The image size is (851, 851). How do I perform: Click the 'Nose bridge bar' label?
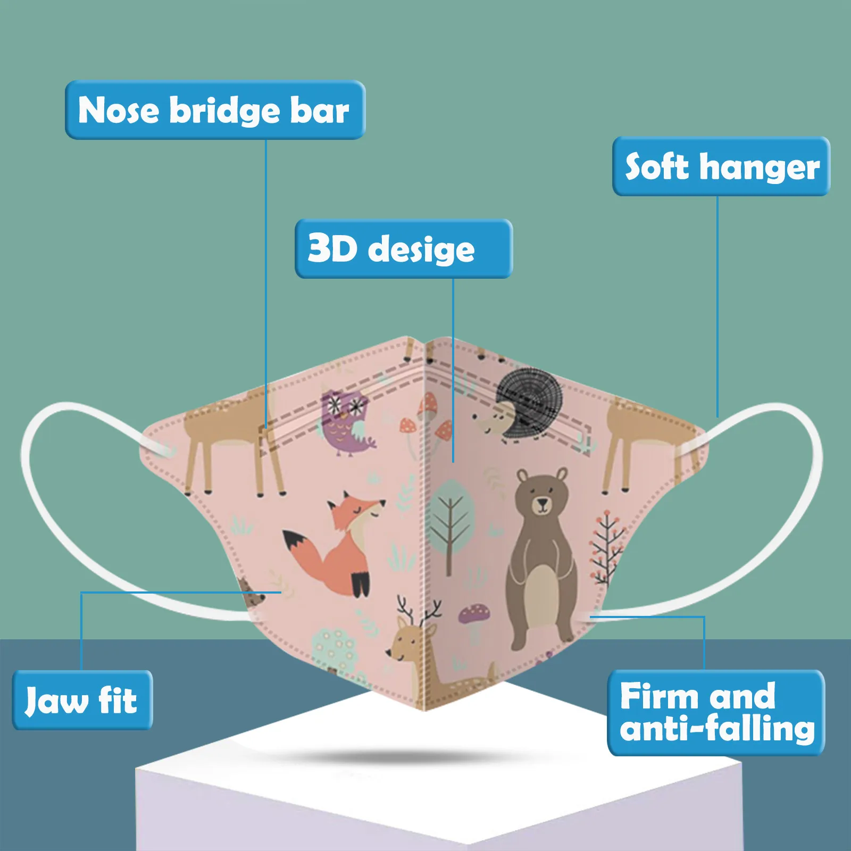click(x=215, y=110)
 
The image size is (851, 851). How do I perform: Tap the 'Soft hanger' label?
click(x=721, y=166)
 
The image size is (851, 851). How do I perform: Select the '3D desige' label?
click(x=403, y=248)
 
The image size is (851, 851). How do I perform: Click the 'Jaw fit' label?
click(x=82, y=700)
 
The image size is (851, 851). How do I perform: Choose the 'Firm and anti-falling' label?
click(x=716, y=713)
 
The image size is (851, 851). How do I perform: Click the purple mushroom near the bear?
click(x=474, y=616)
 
